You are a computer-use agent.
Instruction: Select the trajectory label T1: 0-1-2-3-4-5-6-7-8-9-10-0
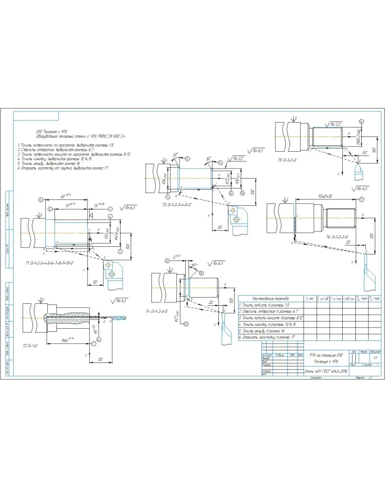pyautogui.click(x=49, y=262)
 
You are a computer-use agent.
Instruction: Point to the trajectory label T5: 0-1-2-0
pyautogui.click(x=287, y=161)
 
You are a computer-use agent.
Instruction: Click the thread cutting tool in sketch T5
pyautogui.click(x=359, y=171)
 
